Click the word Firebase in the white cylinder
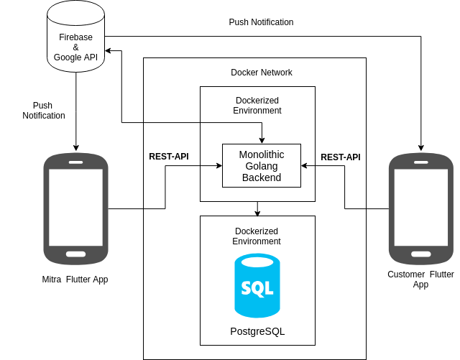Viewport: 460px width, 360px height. tap(75, 37)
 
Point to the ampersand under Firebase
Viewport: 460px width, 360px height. tap(75, 47)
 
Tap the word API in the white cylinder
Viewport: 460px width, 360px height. tap(90, 57)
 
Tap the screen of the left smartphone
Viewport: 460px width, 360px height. tap(75, 208)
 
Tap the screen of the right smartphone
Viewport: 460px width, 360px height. tap(420, 208)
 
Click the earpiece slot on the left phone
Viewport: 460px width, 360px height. tap(75, 162)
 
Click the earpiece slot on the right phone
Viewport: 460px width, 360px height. tap(420, 162)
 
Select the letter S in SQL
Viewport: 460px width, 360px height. tap(247, 289)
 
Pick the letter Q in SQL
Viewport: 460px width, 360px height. tap(257, 289)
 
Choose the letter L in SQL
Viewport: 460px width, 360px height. tap(269, 289)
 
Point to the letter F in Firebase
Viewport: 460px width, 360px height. tap(60, 37)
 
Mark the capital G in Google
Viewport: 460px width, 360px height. tap(57, 57)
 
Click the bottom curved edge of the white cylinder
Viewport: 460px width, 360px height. tap(75, 70)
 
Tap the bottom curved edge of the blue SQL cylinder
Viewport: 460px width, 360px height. tap(257, 316)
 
